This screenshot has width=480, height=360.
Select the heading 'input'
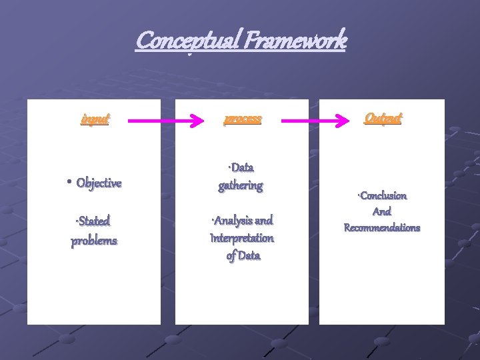point(95,120)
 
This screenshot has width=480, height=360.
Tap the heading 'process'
point(243,120)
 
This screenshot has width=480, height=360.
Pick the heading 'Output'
point(383,118)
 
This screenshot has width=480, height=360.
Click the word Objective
point(99,183)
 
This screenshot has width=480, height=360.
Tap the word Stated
point(95,221)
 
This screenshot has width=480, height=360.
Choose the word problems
point(94,241)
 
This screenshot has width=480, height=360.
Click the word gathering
point(241,186)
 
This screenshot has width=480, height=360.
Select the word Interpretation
point(241,238)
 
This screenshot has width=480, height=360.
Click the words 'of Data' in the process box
point(243,256)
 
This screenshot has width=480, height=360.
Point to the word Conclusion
point(383,196)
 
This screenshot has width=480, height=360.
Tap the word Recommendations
point(382,228)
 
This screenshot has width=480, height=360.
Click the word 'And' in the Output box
point(381,212)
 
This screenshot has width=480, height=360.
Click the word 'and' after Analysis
point(263,220)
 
